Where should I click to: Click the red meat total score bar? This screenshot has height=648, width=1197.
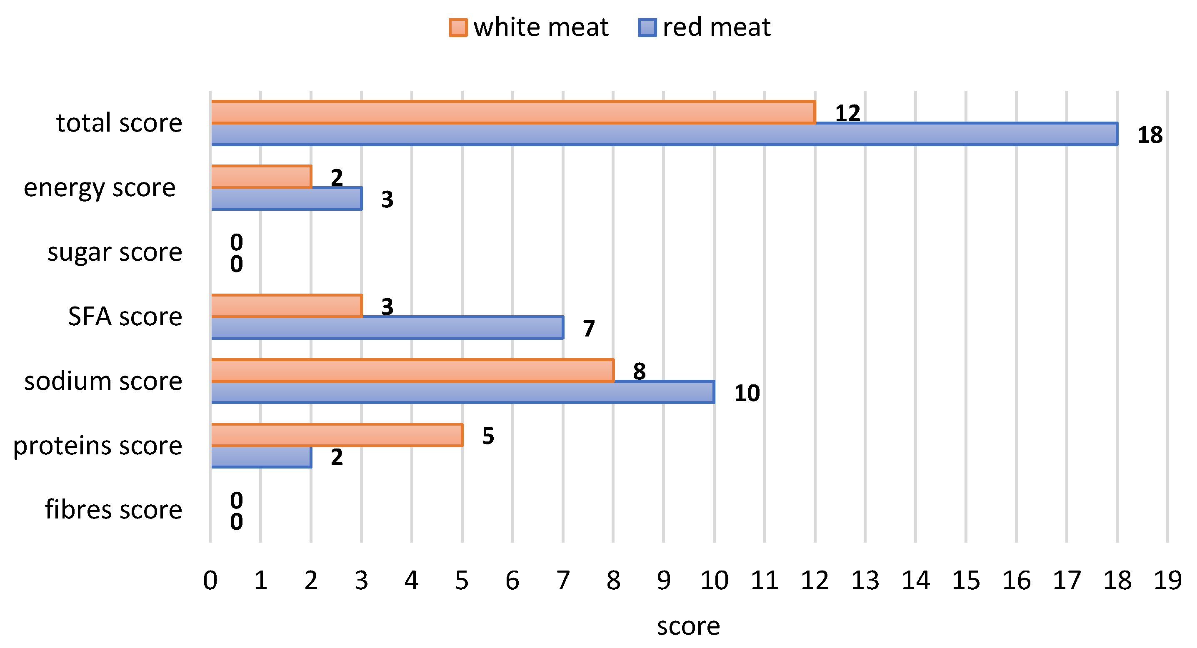coord(665,134)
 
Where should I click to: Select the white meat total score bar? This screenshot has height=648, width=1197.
coord(513,112)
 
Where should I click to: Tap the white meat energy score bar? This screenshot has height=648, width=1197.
coord(261,177)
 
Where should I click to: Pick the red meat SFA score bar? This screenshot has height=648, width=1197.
coord(387,328)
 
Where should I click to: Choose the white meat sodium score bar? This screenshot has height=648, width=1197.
coord(412,370)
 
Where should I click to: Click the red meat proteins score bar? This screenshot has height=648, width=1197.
coord(261,457)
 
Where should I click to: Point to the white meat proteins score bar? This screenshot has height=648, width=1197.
coord(337,435)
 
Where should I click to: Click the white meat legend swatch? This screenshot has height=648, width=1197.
coord(458,27)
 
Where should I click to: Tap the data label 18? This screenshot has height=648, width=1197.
coord(1150,135)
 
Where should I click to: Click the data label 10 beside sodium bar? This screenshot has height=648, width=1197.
coord(747,393)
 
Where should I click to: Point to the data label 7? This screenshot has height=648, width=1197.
coord(589,329)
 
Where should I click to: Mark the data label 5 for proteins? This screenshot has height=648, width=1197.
coord(488,436)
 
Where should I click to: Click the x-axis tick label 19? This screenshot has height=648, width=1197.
coord(1167,581)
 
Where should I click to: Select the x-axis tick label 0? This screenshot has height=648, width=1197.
coord(210,581)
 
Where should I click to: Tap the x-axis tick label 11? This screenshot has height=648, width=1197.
coord(765,581)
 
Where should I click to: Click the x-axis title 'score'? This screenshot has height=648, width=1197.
coord(688,626)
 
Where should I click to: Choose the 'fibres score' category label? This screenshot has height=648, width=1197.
coord(113,510)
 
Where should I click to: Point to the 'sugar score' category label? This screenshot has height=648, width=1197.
coord(114,252)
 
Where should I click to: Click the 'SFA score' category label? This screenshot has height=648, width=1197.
coord(125,317)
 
